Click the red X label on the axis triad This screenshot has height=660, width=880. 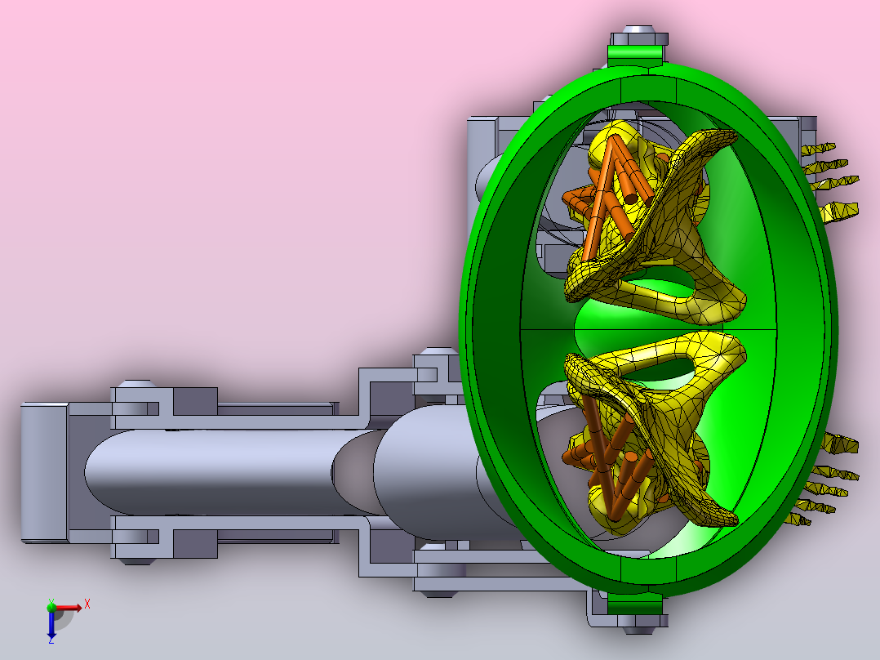click(87, 604)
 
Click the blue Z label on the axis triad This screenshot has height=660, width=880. click(51, 640)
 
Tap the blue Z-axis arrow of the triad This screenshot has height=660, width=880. click(51, 622)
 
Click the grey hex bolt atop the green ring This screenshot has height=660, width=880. click(638, 35)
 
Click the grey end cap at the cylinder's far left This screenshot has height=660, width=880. click(44, 472)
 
